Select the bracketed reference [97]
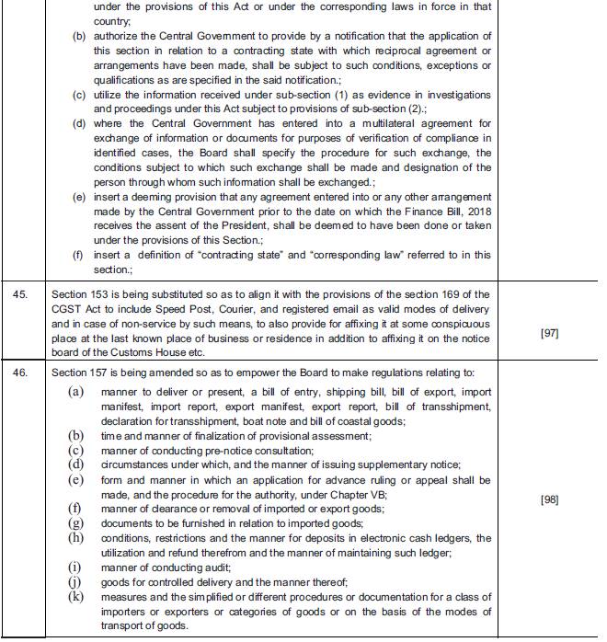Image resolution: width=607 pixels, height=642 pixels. click(550, 334)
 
